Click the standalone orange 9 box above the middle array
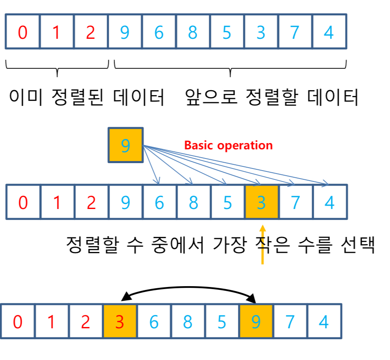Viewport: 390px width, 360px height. point(125,145)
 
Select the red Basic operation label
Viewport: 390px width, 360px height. point(228,146)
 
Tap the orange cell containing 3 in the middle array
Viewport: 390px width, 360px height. point(261,202)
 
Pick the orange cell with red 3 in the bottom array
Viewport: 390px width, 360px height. point(120,322)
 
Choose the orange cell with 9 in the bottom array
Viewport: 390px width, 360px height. point(256,322)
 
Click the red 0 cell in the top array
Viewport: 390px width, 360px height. point(22,32)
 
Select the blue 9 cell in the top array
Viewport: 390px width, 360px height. point(125,32)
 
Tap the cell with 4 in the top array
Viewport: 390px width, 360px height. point(329,32)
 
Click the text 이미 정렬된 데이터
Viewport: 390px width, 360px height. point(86,98)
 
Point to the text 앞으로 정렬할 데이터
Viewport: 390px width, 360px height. point(271,98)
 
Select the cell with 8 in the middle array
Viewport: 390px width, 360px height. point(193,202)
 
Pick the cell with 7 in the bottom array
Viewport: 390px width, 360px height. point(290,322)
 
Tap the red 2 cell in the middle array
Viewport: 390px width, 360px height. point(91,202)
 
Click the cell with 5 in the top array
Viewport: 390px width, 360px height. point(227,32)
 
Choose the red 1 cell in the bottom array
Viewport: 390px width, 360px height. point(51,322)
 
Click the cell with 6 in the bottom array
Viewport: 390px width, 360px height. point(154,322)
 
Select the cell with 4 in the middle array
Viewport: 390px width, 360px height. point(330,202)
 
